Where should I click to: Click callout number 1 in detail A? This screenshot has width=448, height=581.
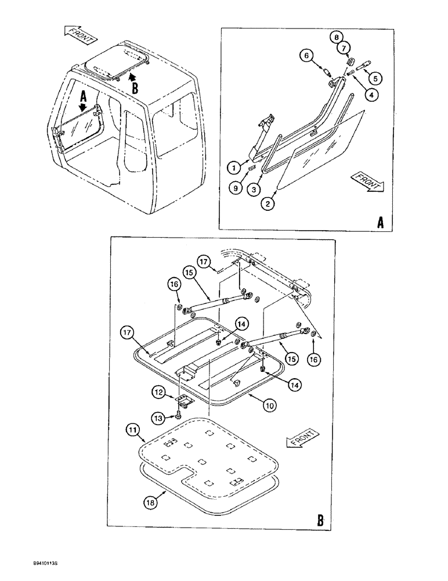pyautogui.click(x=233, y=167)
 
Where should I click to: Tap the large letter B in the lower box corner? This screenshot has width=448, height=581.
pyautogui.click(x=321, y=519)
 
